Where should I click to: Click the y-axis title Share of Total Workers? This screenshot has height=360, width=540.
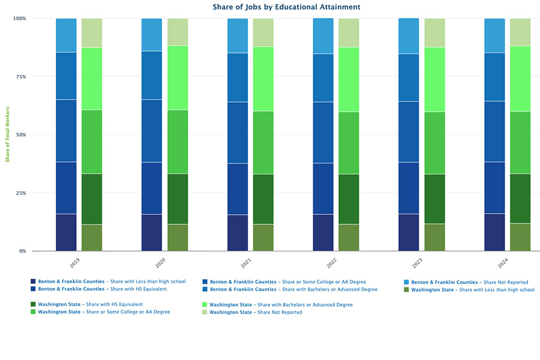[8, 134]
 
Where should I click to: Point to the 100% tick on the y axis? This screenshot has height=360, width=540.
[20, 19]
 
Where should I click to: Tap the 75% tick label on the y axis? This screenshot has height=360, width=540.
[22, 77]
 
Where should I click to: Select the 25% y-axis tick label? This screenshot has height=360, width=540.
[22, 193]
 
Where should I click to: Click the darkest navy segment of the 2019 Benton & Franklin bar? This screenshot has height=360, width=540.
[66, 232]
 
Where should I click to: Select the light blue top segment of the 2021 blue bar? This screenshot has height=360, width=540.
[238, 36]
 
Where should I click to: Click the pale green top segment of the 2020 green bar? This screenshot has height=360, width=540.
[178, 32]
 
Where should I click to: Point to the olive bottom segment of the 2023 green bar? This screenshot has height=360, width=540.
[434, 237]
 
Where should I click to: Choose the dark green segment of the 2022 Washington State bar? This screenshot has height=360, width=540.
[349, 199]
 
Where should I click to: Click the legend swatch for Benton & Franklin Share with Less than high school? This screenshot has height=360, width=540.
[33, 281]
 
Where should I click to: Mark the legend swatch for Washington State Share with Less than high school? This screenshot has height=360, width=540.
[406, 289]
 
